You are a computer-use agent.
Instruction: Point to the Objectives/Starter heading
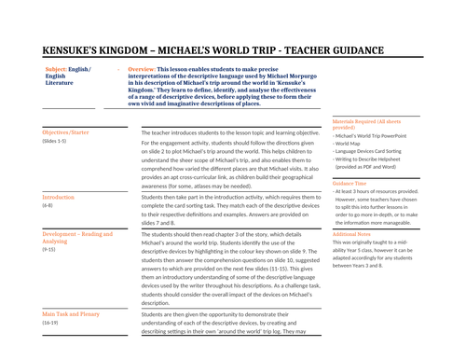point(66,133)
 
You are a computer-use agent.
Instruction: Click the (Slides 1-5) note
point(56,142)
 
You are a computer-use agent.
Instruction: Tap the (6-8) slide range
point(48,206)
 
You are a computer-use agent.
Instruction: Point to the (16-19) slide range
point(52,324)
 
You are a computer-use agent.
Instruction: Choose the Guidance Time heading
point(352,184)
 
